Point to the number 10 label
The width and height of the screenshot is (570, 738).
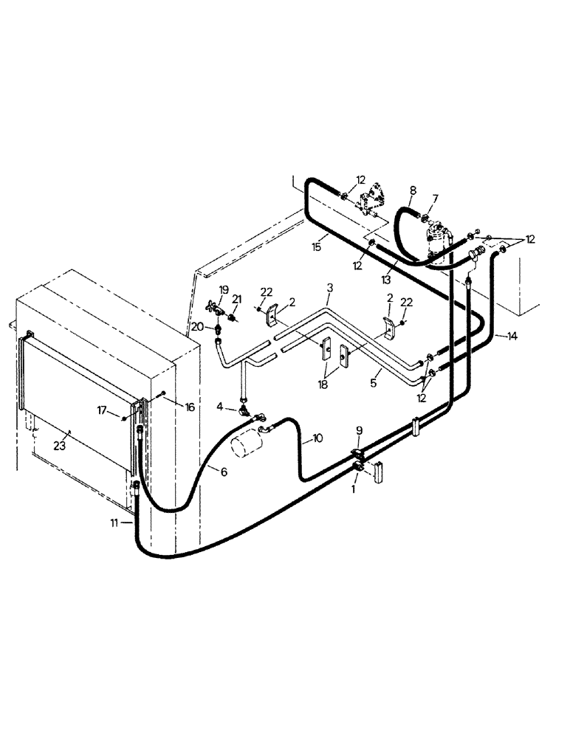click(x=317, y=438)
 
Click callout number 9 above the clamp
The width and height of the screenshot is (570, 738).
click(x=360, y=430)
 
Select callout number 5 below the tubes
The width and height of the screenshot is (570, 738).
click(x=374, y=383)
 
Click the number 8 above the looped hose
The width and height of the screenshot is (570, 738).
click(x=413, y=190)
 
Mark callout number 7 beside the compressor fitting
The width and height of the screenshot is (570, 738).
click(x=435, y=198)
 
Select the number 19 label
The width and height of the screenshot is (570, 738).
click(x=224, y=289)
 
